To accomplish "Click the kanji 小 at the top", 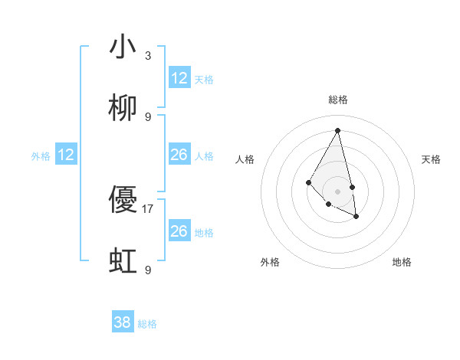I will click(123, 47).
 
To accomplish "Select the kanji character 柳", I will click(123, 109).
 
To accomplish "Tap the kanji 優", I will click(123, 201).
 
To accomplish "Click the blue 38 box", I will click(123, 322).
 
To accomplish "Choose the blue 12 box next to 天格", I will click(179, 78).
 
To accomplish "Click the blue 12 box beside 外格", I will click(66, 155).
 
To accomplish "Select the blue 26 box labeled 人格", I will click(179, 155).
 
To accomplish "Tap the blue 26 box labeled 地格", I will click(179, 231).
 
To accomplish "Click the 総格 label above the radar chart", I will click(338, 100).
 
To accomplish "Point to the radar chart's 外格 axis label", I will click(270, 262).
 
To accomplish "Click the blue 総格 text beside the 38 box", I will click(147, 324).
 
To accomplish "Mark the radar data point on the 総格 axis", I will click(337, 130).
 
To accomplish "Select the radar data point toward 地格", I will click(356, 217).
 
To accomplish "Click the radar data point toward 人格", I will click(308, 182).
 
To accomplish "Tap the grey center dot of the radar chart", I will click(337, 191).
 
